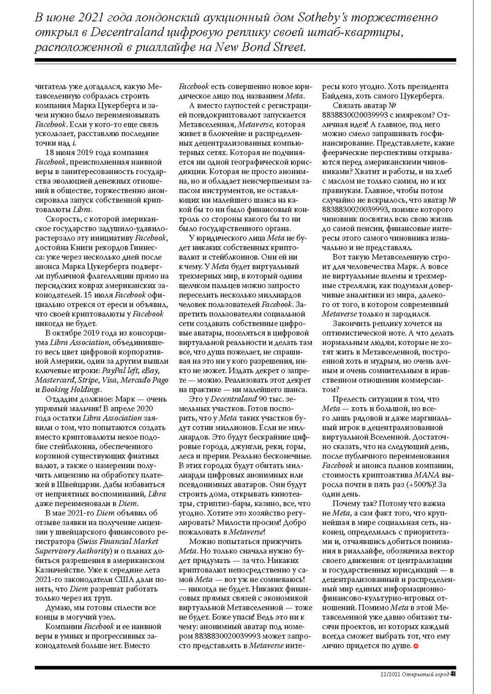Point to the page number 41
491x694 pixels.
[454, 674]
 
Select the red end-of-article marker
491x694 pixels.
[416, 646]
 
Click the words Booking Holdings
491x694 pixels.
[72, 390]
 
